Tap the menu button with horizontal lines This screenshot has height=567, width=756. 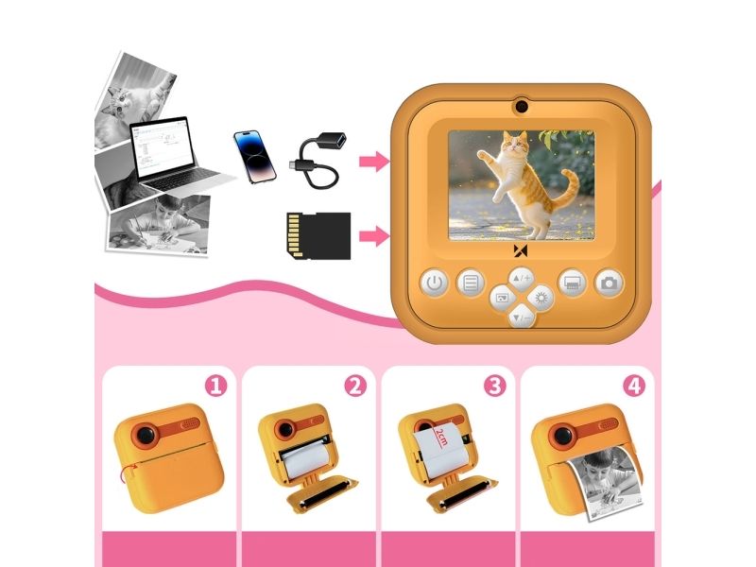click(471, 283)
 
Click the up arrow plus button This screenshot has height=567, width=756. click(522, 279)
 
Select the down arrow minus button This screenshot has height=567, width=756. click(522, 318)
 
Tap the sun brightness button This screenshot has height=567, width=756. click(541, 298)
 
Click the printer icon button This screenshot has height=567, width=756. click(572, 283)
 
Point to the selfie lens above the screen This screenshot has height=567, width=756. click(521, 107)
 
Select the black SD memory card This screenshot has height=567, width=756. click(318, 235)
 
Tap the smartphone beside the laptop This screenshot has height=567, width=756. click(254, 157)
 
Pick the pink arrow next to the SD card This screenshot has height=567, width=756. click(374, 235)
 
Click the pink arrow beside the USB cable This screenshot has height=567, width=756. click(374, 161)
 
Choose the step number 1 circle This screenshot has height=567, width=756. click(216, 387)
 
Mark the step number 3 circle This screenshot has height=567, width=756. click(494, 387)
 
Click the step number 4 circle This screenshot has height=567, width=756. click(634, 387)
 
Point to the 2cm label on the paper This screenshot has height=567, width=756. click(441, 437)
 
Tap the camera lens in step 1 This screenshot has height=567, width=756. click(146, 435)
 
